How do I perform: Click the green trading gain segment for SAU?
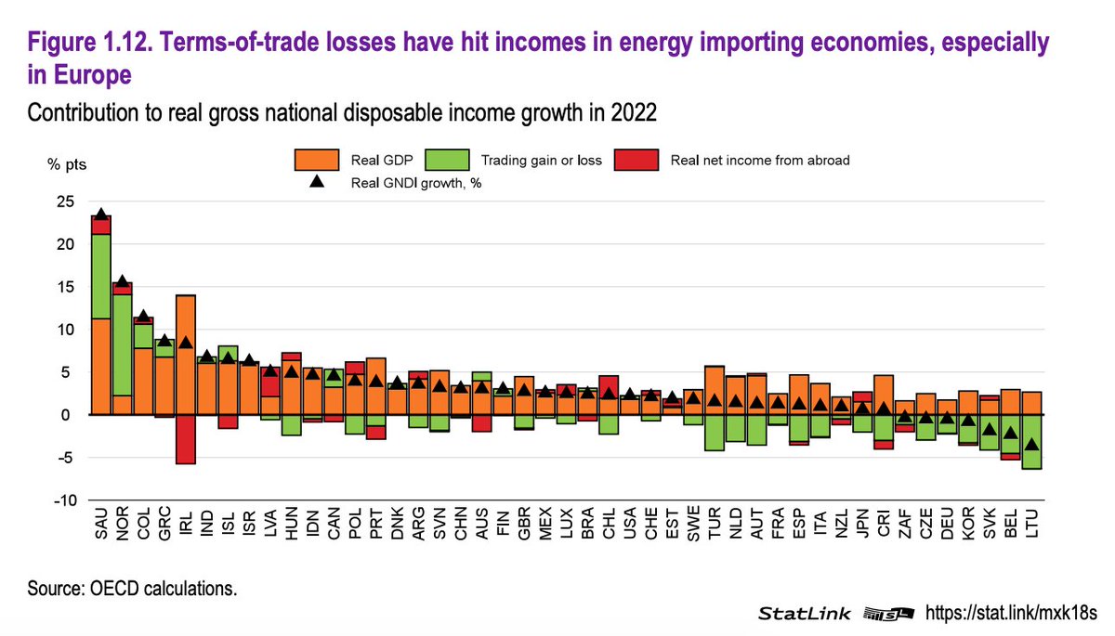(101, 276)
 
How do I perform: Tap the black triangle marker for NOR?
(122, 281)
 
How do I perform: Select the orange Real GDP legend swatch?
(316, 159)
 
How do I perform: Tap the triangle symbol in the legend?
(316, 183)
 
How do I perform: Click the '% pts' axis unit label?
(67, 164)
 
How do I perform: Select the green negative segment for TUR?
(715, 433)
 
